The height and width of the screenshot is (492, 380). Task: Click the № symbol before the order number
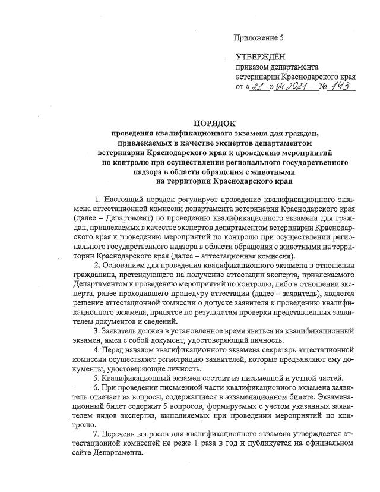pyautogui.click(x=324, y=88)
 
